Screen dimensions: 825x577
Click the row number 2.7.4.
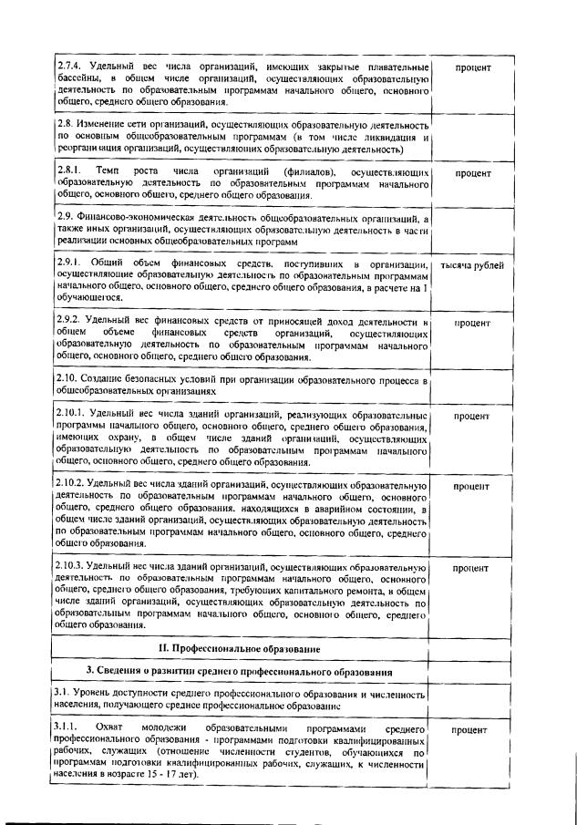[69, 67]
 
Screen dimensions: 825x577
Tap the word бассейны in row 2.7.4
[79, 80]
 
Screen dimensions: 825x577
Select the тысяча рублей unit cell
[471, 265]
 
